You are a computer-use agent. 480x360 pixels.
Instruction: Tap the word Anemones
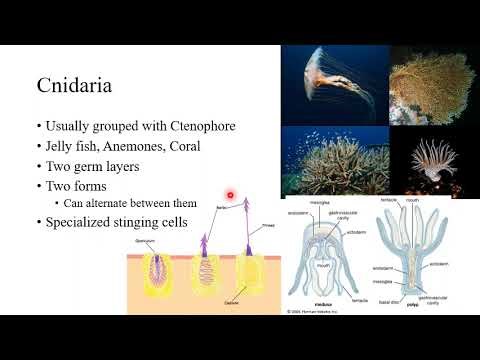point(132,146)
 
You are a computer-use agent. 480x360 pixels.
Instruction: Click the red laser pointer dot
point(231,194)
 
